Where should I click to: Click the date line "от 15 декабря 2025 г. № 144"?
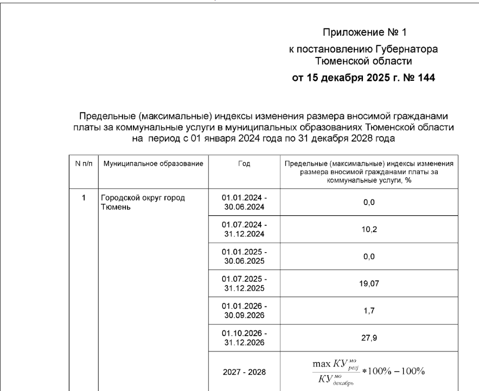point(363,78)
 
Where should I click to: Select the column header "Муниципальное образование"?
point(154,163)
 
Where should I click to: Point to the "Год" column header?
point(244,163)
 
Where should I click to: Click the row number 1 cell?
point(84,198)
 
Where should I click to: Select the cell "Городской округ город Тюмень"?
point(143,202)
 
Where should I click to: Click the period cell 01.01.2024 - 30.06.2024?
point(244,202)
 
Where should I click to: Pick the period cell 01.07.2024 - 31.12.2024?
point(244,229)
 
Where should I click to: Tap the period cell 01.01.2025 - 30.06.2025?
point(244,257)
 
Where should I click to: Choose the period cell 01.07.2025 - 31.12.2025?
point(244,283)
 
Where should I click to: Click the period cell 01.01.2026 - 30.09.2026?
point(244,310)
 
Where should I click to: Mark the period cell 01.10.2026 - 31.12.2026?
point(244,337)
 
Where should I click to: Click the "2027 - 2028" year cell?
point(244,373)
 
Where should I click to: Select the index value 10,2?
point(369,229)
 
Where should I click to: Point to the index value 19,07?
point(369,283)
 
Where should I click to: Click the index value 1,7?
point(369,310)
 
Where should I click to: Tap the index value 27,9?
point(369,337)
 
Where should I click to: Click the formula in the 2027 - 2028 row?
point(369,372)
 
